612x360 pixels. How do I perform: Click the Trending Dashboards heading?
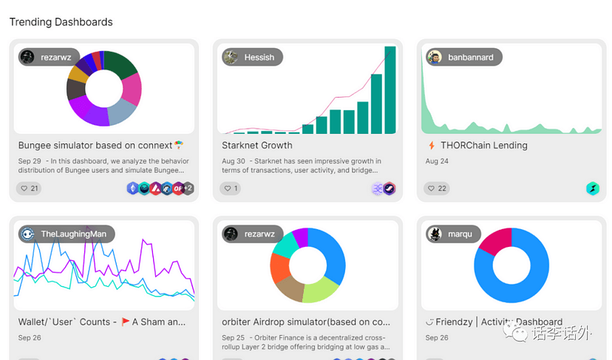[x=61, y=22]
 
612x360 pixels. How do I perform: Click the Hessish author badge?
[x=252, y=57]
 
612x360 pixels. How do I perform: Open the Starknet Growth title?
[x=256, y=146]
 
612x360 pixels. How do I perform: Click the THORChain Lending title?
[x=483, y=146]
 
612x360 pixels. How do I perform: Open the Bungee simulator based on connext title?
[x=95, y=146]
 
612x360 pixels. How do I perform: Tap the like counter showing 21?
[x=30, y=189]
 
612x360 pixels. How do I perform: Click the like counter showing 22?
[x=438, y=189]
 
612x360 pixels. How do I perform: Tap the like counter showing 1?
[x=231, y=189]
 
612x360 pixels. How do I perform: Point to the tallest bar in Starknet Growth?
[x=390, y=90]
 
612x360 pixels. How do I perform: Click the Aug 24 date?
[x=437, y=161]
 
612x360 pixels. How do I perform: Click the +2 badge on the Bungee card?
[x=188, y=189]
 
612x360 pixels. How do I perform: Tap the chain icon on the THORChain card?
[x=593, y=189]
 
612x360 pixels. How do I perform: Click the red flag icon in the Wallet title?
[x=125, y=322]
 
